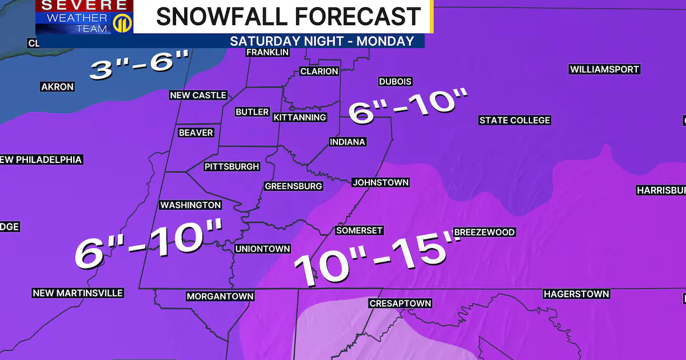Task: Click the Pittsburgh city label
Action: point(232,167)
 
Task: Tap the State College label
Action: point(514,120)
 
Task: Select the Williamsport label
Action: point(604,69)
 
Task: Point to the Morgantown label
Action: point(220,296)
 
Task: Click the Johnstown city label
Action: point(380,182)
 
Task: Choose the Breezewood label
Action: point(484,232)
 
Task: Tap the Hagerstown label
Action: point(576,294)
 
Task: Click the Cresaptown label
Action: point(400,303)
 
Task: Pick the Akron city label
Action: point(57,87)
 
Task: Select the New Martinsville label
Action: point(78,293)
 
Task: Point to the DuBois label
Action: point(395,82)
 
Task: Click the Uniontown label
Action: point(263,249)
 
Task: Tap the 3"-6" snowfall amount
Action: point(139,66)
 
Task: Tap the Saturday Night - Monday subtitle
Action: point(322,41)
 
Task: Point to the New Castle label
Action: point(198,95)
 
